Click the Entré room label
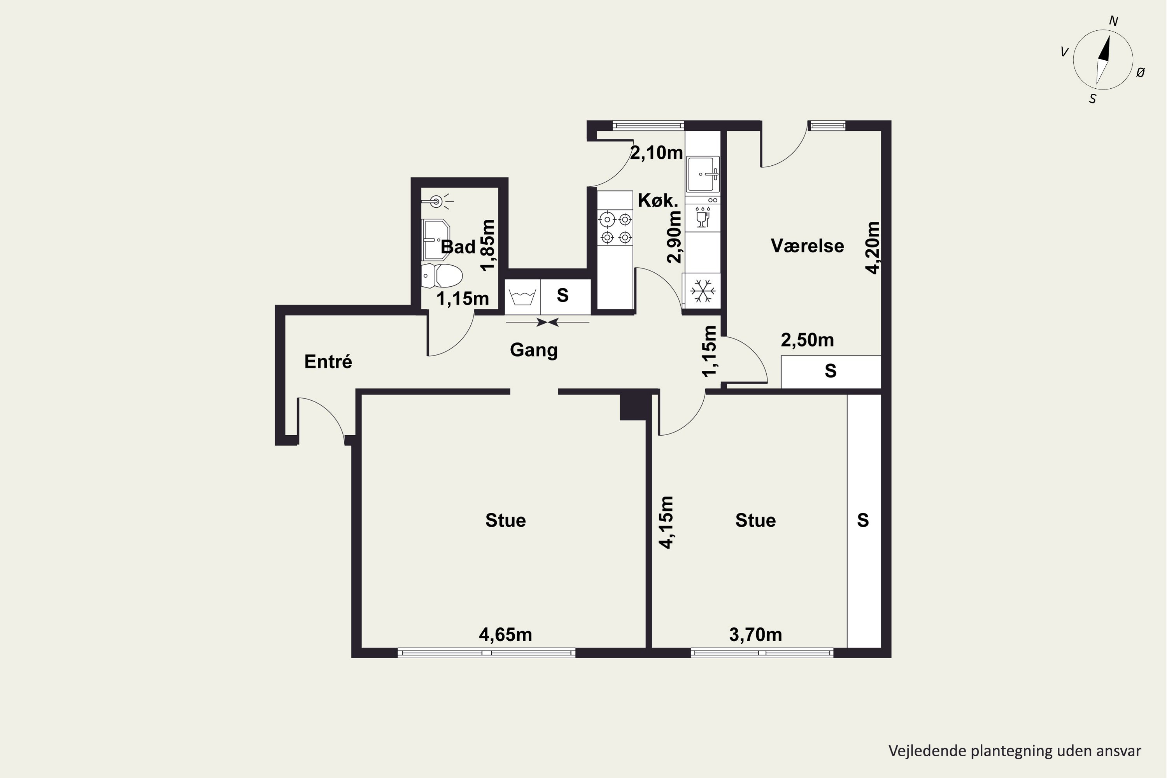[328, 362]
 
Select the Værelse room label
[807, 245]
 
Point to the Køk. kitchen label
[657, 200]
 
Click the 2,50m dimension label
[807, 340]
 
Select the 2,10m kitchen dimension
[657, 153]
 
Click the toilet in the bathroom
[442, 276]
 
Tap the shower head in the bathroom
[436, 202]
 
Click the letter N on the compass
[1113, 21]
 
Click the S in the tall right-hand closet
[863, 520]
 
